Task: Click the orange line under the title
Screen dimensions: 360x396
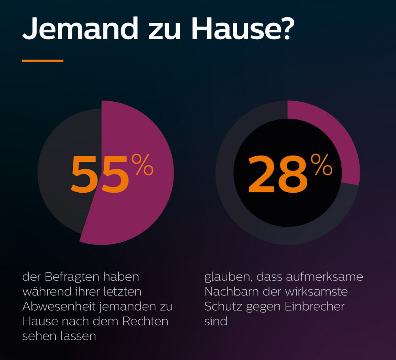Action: [43, 61]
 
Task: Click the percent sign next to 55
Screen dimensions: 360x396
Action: [142, 165]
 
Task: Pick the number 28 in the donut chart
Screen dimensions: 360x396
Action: [278, 174]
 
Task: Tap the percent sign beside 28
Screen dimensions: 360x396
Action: [321, 165]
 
